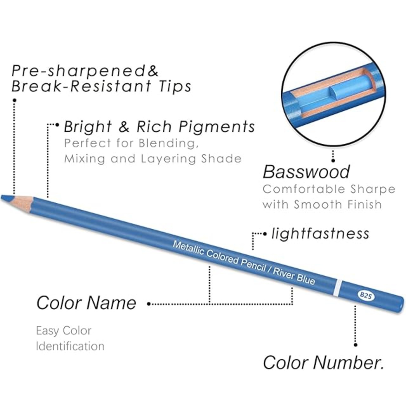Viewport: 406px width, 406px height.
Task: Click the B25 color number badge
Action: point(366,295)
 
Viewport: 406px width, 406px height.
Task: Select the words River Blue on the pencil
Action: point(294,276)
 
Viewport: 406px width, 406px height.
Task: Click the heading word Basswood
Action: point(306,172)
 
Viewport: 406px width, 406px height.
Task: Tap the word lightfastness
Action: point(320,234)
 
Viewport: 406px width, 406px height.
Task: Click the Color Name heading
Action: point(86,303)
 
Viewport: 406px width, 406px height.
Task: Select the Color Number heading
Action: point(323,362)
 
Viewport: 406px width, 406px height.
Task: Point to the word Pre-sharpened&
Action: point(85,71)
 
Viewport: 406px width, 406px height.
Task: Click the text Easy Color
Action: point(63,331)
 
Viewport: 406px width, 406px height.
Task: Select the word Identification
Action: point(70,346)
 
